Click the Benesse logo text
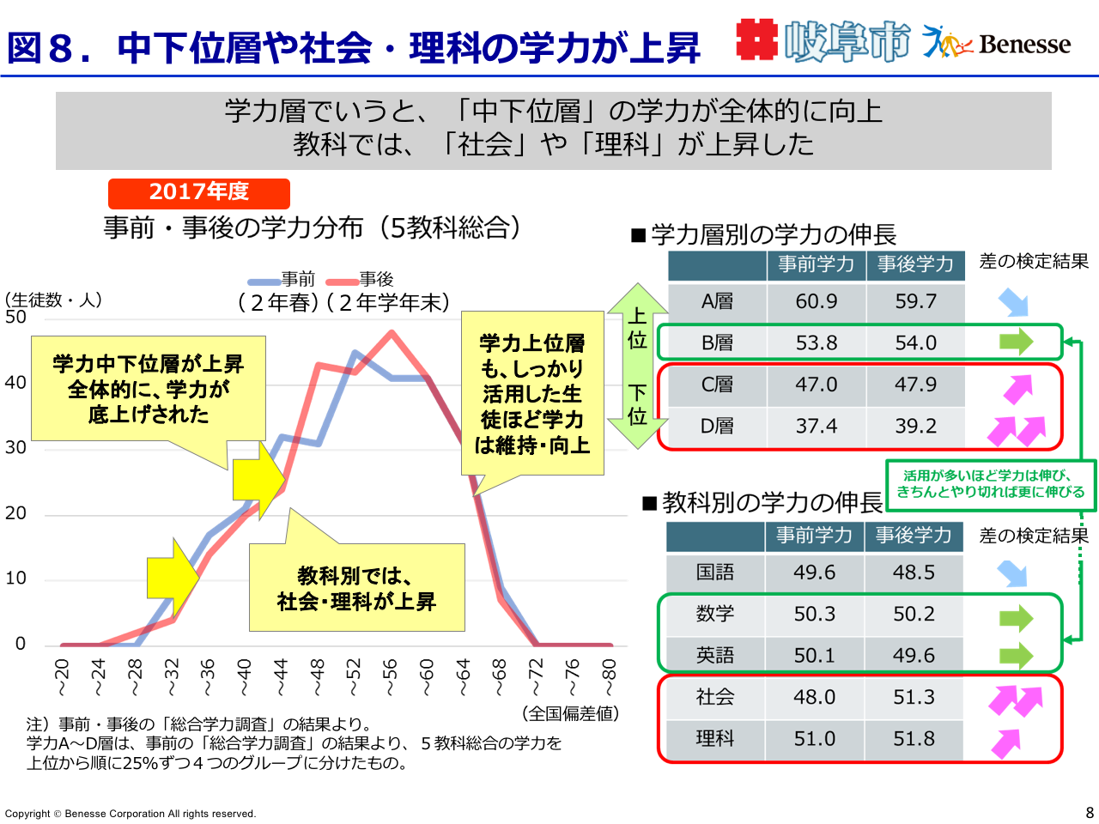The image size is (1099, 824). (x=1023, y=44)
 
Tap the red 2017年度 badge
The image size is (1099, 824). (x=199, y=192)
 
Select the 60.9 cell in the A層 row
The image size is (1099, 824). (x=816, y=302)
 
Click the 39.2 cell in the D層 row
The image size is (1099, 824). (x=915, y=427)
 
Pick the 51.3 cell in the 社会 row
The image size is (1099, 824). (x=914, y=697)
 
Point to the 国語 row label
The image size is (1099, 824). (x=715, y=573)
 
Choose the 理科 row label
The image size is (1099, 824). (x=715, y=739)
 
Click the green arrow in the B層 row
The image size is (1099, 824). (x=1017, y=342)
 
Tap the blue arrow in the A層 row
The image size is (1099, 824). (x=1014, y=302)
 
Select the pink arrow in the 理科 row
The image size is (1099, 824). (x=1006, y=742)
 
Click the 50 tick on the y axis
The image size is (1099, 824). (x=15, y=317)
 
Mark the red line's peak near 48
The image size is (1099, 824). (x=392, y=332)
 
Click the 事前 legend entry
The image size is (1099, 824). (x=282, y=280)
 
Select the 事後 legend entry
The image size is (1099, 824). (x=361, y=280)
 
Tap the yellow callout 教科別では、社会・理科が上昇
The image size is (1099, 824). (x=356, y=588)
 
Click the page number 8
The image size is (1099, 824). (x=1090, y=812)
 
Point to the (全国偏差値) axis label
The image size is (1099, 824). (x=571, y=713)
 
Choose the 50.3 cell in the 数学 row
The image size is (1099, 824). (x=814, y=615)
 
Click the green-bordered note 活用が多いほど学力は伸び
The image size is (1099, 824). (x=990, y=484)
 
